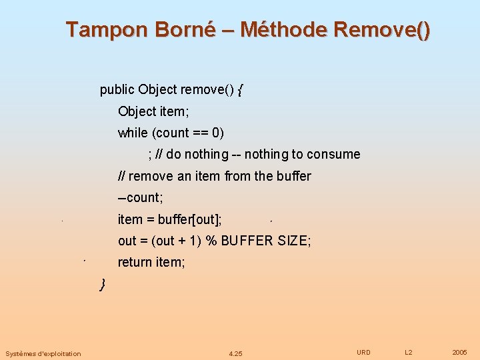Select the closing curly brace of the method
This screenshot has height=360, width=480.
(x=103, y=285)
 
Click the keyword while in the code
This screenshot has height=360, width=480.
(x=133, y=133)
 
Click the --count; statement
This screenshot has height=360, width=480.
(x=140, y=198)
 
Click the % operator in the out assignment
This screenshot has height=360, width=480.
(x=211, y=241)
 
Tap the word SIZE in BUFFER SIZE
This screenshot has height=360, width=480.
(x=293, y=241)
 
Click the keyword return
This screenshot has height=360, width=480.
(x=135, y=262)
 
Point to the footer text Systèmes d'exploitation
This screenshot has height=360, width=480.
(x=43, y=353)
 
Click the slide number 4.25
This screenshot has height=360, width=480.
(x=235, y=353)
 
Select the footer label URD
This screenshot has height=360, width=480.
(x=363, y=352)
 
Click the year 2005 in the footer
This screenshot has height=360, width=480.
(x=459, y=352)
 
